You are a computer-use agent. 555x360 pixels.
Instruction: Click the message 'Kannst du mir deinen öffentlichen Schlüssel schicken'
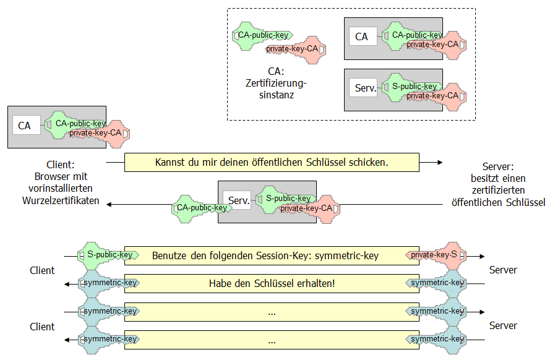point(272,163)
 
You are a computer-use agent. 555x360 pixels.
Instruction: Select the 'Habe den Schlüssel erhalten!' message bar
point(272,283)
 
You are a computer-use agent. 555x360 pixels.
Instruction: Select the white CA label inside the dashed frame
point(362,37)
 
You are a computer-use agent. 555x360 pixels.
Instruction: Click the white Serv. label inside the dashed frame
point(366,88)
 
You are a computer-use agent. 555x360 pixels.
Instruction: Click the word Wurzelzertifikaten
point(61,201)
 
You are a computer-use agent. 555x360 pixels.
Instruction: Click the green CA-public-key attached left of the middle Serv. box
point(199,208)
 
